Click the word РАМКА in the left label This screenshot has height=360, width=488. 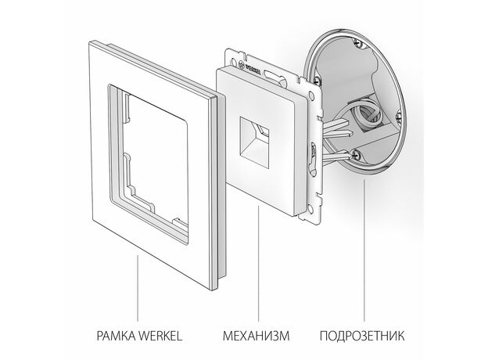pos(116,336)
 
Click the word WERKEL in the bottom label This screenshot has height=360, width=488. pos(160,336)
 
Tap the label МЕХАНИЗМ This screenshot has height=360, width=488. pos(257,336)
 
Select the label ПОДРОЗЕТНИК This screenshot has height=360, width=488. pos(362,336)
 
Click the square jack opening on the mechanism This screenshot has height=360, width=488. pos(254,142)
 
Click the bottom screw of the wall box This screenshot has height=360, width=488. pos(357,154)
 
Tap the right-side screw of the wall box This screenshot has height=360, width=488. pos(400,117)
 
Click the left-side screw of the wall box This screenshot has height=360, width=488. pos(318,80)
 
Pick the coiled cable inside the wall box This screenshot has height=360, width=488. pos(368,115)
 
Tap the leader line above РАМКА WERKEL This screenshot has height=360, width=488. pos(138,288)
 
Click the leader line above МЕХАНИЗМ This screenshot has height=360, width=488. pos(258,264)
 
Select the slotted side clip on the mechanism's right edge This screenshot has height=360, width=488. pos(313,158)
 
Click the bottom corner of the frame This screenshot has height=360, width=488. pos(213,290)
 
